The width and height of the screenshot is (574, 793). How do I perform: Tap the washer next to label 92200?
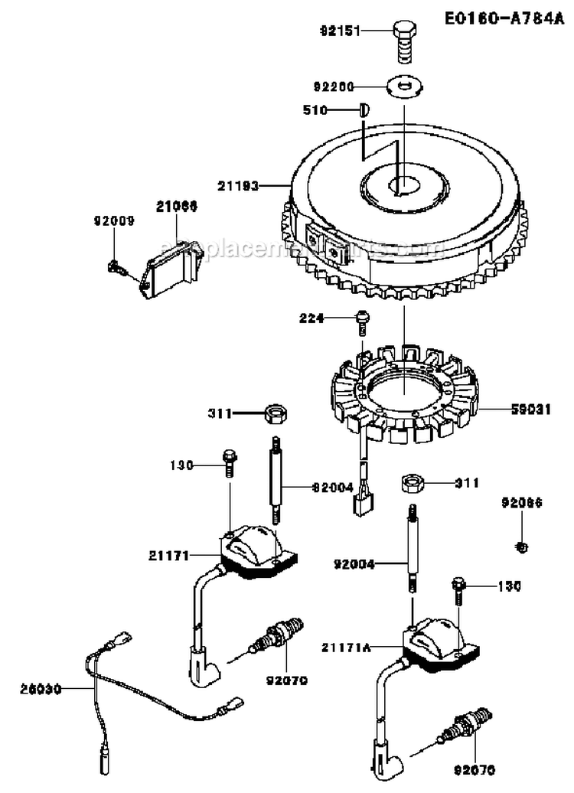click(x=403, y=86)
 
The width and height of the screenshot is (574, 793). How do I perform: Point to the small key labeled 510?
click(x=364, y=110)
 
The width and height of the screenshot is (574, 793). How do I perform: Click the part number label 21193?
click(x=238, y=185)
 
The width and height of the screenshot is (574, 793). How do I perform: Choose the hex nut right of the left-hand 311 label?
click(x=275, y=414)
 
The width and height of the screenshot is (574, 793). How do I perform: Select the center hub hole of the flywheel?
click(x=401, y=184)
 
